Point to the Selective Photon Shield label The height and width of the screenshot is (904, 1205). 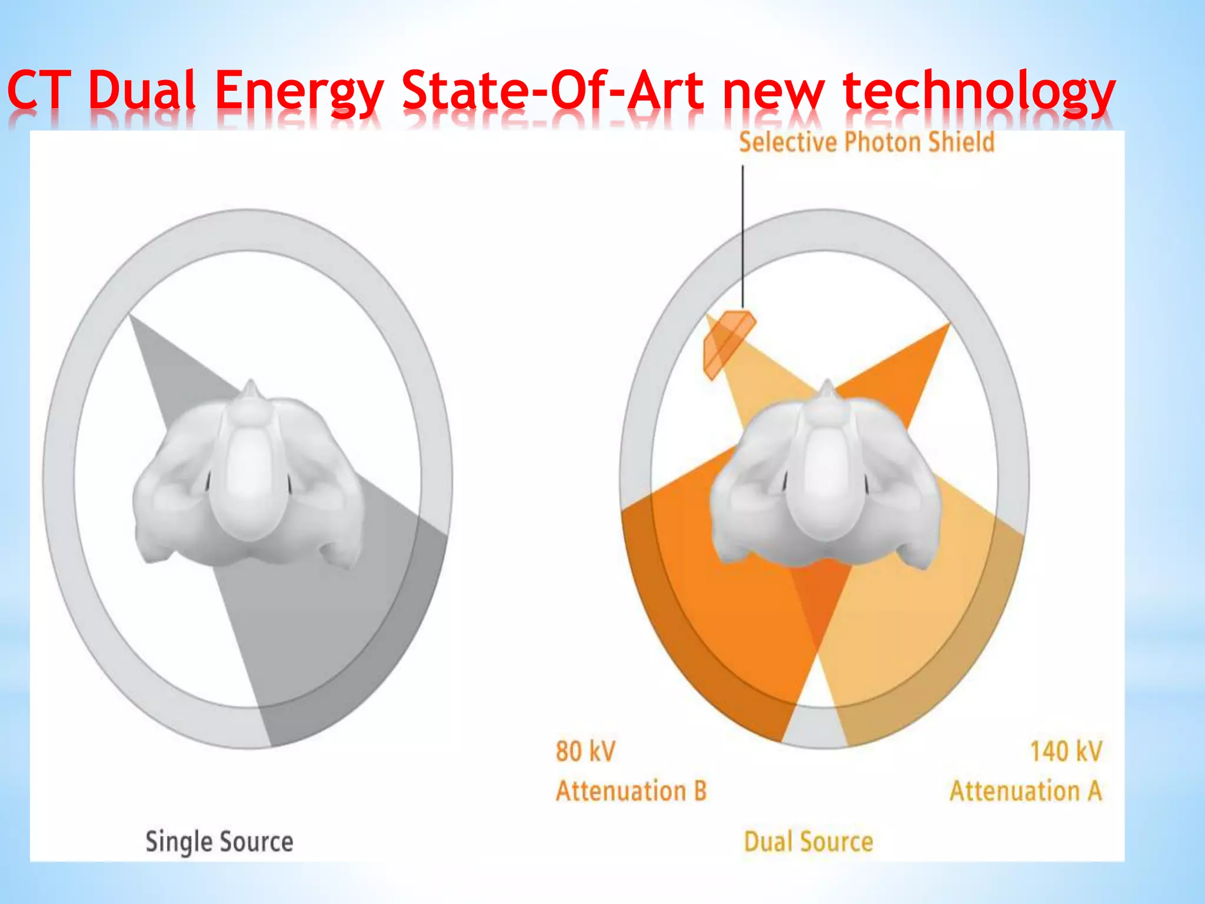[x=866, y=142]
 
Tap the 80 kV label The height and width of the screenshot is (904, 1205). [x=585, y=752]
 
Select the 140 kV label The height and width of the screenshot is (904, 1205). [x=1066, y=752]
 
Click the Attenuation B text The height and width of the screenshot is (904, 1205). [x=631, y=791]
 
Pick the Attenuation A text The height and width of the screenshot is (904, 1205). [x=1026, y=791]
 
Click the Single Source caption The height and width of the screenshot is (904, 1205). [x=219, y=842]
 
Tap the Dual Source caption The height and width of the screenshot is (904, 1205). [x=808, y=842]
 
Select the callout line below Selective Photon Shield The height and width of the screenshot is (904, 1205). [x=743, y=235]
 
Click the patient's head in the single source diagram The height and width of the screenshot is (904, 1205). [x=247, y=477]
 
